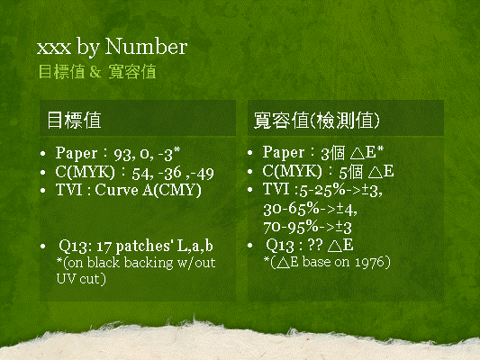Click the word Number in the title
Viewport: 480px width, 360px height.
click(x=146, y=47)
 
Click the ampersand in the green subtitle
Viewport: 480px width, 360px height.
click(x=95, y=72)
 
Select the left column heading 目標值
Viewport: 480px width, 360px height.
click(x=74, y=120)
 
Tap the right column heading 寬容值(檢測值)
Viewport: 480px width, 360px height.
click(x=317, y=121)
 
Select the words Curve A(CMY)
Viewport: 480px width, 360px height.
click(x=149, y=190)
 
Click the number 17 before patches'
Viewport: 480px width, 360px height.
click(x=104, y=247)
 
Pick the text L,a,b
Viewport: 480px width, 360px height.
click(x=195, y=246)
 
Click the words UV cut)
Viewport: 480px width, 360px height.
click(x=81, y=279)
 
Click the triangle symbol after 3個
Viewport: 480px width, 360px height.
click(x=357, y=153)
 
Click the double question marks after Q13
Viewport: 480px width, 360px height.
click(x=314, y=245)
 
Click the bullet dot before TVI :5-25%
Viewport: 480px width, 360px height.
click(x=250, y=190)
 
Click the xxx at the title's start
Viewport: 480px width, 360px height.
click(x=54, y=49)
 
